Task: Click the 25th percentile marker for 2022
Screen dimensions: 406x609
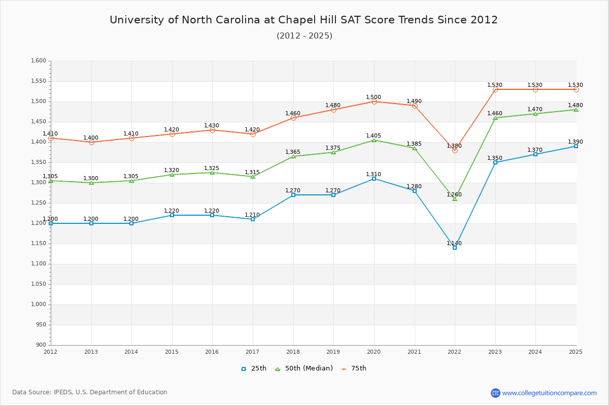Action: pos(455,248)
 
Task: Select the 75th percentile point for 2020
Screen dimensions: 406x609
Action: pos(374,101)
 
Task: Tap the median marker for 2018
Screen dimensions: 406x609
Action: pos(293,156)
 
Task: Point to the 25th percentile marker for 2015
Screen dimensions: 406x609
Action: pos(172,215)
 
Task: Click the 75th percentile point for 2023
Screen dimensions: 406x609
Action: pos(495,89)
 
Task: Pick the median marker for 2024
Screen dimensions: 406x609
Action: pos(535,114)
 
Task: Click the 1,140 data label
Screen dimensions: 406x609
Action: pos(454,244)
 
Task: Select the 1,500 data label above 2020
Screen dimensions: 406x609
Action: pos(374,97)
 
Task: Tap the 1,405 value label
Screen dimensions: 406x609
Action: pos(374,136)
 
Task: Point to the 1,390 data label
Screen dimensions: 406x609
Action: pos(576,142)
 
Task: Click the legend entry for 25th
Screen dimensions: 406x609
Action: pos(254,368)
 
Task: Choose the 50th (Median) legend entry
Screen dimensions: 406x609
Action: pos(304,368)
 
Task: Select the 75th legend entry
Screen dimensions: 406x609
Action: pos(354,368)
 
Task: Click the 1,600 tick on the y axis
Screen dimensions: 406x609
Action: pos(39,61)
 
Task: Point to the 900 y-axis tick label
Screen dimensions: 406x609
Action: pos(41,345)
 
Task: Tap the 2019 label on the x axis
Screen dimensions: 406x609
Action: pos(333,352)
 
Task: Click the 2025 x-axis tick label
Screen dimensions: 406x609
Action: pos(576,352)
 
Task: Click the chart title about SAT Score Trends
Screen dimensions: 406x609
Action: pos(304,20)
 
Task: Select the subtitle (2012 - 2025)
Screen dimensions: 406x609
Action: pos(304,36)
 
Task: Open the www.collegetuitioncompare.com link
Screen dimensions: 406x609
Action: pos(549,393)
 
